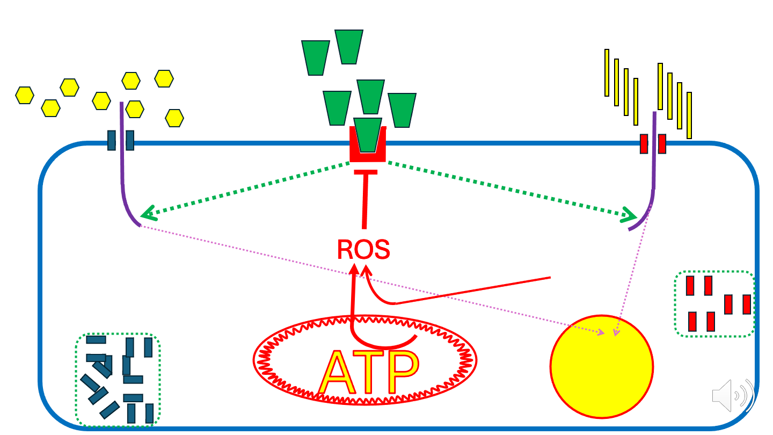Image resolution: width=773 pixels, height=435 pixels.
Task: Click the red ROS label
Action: click(x=363, y=250)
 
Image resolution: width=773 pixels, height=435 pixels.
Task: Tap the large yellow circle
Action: click(x=601, y=366)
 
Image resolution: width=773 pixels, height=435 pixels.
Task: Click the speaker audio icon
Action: click(x=733, y=396)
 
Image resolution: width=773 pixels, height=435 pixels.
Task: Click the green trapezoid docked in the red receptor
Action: click(x=368, y=134)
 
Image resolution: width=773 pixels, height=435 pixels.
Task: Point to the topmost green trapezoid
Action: click(x=349, y=47)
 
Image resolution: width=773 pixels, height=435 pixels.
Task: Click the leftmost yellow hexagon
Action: click(x=25, y=95)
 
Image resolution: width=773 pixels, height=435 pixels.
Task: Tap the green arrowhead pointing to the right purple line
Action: click(x=630, y=216)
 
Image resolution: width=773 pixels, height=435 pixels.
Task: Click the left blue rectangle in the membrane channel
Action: click(x=112, y=140)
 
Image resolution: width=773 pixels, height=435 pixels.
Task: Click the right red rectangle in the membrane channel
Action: click(x=662, y=143)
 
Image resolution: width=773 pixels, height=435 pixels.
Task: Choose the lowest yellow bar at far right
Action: click(x=689, y=115)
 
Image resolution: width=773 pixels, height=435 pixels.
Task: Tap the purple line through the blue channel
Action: click(x=122, y=161)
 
